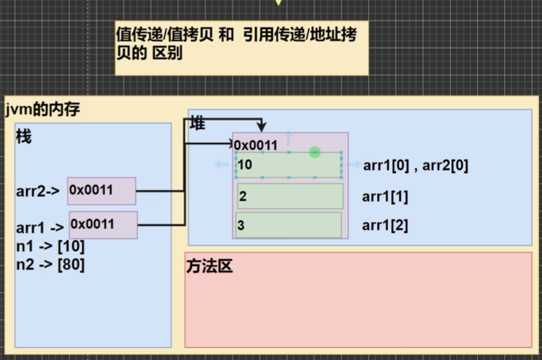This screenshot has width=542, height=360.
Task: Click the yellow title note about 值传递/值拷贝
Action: click(x=241, y=43)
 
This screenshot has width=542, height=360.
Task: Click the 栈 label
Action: click(x=24, y=137)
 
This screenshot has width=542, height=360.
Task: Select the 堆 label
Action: click(x=198, y=123)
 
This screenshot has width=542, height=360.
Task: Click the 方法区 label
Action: click(x=210, y=266)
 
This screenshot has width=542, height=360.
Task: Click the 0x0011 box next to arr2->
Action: click(x=101, y=191)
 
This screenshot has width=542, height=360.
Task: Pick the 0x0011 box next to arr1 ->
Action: click(x=103, y=225)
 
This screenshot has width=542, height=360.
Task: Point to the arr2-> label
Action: click(x=38, y=191)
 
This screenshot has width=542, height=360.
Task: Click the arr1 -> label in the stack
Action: click(x=40, y=228)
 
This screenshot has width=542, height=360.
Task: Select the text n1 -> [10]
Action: click(x=50, y=246)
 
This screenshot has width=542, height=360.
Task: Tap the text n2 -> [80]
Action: click(x=50, y=264)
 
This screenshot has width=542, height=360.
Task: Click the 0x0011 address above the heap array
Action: click(x=256, y=145)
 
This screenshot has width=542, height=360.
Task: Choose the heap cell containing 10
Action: click(x=289, y=165)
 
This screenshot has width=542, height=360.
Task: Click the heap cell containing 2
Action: click(x=290, y=196)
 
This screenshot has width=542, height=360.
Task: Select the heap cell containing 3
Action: click(x=289, y=225)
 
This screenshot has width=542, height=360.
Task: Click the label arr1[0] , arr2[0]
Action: click(x=415, y=166)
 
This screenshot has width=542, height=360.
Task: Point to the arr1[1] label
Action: click(x=385, y=197)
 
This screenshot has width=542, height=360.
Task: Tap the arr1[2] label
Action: click(x=385, y=225)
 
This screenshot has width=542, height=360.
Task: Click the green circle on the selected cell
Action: click(x=315, y=152)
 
